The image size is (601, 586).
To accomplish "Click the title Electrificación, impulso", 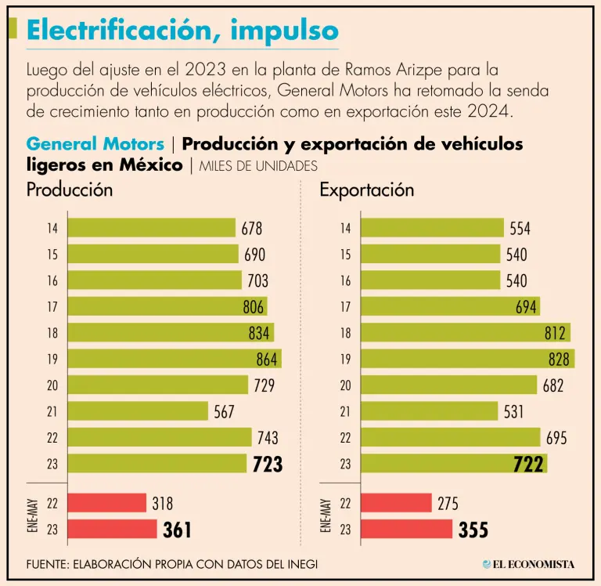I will point(182,30).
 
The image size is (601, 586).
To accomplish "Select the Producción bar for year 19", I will point(174,359).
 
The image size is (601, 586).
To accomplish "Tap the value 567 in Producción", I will point(225,411).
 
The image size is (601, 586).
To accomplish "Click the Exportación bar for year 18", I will point(465,333).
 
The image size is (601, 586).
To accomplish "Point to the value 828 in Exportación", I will point(556,359).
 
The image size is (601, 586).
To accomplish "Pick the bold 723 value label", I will point(267,464).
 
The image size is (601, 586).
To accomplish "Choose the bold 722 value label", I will point(528,464).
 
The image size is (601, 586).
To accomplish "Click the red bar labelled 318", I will point(106,503).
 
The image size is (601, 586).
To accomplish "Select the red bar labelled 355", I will point(407,529).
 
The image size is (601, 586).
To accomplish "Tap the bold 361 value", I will point(177,530).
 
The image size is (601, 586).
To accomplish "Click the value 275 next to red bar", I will point(449,503).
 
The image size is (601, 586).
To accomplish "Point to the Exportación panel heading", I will point(366,190).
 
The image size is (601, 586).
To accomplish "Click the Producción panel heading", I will point(70,190).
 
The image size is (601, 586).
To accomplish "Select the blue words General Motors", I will point(95,144).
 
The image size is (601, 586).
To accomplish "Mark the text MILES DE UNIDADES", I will point(258,166).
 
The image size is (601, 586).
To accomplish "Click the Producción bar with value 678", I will point(152,228).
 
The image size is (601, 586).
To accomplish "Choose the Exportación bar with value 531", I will point(430,411).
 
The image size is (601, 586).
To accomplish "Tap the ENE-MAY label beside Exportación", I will point(326,515).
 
